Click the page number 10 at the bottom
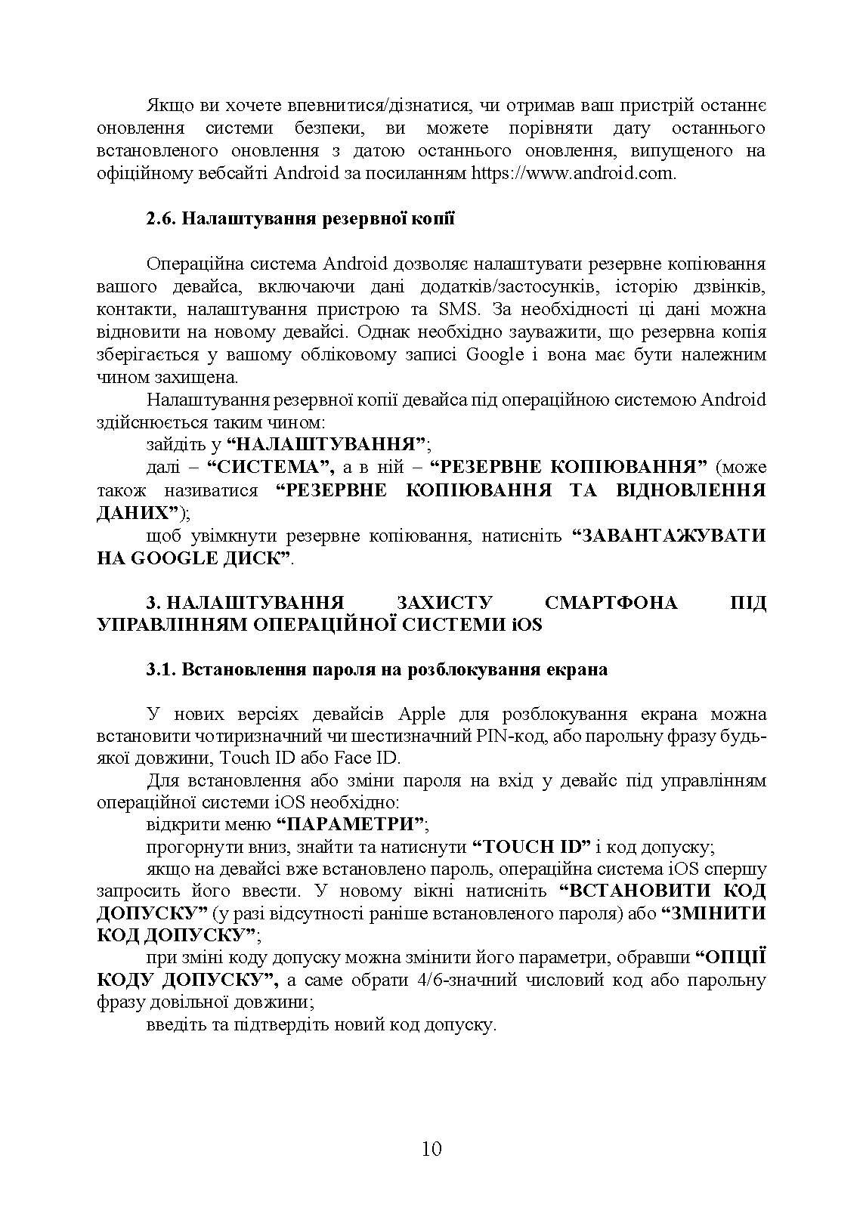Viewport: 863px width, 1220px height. pyautogui.click(x=431, y=1149)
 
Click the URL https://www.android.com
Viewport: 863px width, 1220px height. pyautogui.click(x=572, y=173)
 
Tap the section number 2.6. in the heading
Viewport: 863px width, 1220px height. pyautogui.click(x=162, y=220)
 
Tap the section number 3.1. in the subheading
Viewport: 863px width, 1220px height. pyautogui.click(x=162, y=670)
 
